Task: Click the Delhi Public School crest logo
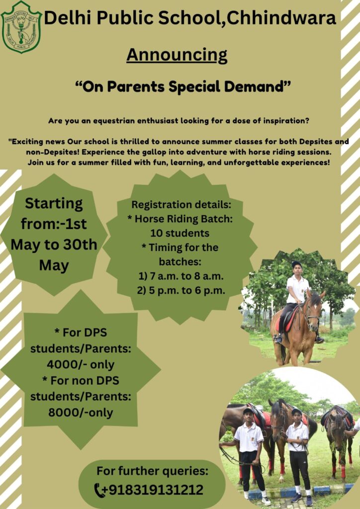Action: click(21, 27)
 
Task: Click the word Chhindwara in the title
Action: click(281, 18)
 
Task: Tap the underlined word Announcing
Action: click(177, 55)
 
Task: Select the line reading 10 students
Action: click(180, 233)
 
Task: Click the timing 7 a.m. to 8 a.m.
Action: click(181, 276)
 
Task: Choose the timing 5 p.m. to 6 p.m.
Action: click(181, 290)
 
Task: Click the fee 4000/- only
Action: click(81, 364)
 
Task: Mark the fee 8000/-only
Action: click(81, 413)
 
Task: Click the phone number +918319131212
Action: click(153, 490)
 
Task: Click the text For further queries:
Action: click(152, 471)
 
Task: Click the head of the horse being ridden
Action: click(313, 311)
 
